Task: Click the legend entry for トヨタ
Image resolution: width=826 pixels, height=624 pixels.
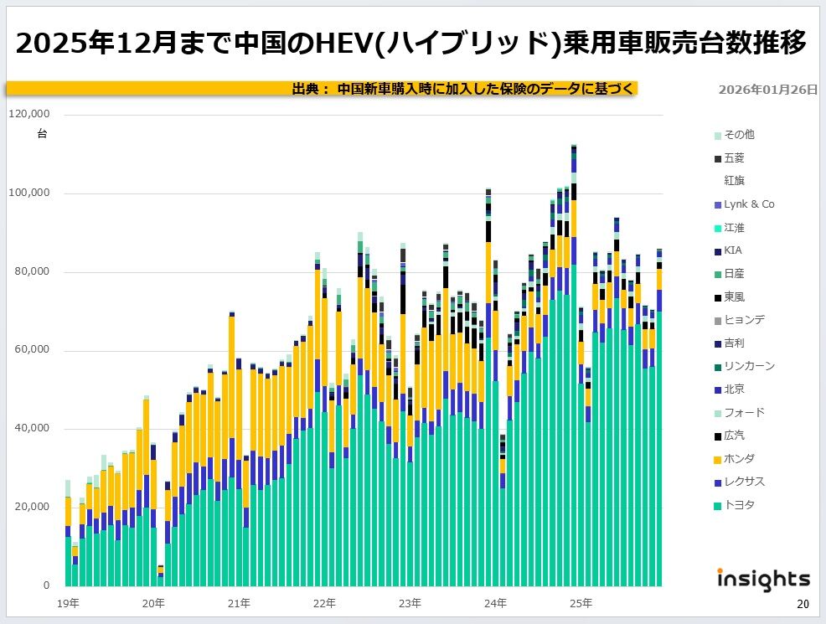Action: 738,505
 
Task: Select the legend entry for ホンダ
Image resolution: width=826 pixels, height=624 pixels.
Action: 738,458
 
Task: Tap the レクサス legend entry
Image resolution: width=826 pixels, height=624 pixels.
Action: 744,482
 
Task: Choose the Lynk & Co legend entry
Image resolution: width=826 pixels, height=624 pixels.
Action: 748,204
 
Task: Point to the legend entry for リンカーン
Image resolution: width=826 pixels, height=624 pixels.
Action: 749,366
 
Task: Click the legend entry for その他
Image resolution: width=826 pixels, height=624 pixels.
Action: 738,135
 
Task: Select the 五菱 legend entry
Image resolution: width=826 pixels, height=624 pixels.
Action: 733,157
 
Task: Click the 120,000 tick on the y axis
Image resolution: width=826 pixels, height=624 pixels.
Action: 30,114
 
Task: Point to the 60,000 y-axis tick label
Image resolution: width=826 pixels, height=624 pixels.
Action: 34,350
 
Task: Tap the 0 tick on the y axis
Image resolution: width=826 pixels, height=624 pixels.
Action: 47,585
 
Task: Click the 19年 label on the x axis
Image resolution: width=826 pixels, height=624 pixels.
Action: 69,602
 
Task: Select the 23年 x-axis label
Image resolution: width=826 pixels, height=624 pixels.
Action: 410,602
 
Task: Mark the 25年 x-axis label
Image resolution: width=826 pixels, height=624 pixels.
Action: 581,602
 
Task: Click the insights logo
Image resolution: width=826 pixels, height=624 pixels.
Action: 763,579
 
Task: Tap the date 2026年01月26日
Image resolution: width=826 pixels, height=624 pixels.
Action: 767,90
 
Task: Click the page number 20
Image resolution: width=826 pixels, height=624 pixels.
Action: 803,605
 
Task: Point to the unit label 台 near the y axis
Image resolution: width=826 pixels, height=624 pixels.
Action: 42,134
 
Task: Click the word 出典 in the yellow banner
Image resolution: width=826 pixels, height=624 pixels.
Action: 305,89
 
